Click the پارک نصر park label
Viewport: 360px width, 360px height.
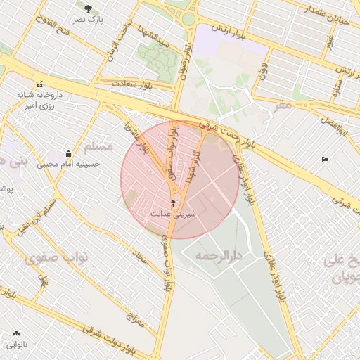click(91, 20)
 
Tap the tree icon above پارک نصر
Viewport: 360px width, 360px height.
click(88, 9)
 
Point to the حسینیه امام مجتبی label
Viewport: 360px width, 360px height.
click(69, 165)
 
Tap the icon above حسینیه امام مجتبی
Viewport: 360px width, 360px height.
click(68, 153)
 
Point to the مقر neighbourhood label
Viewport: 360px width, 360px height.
click(282, 105)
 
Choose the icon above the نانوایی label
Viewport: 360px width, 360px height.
click(16, 334)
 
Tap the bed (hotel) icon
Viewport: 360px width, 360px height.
click(324, 160)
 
